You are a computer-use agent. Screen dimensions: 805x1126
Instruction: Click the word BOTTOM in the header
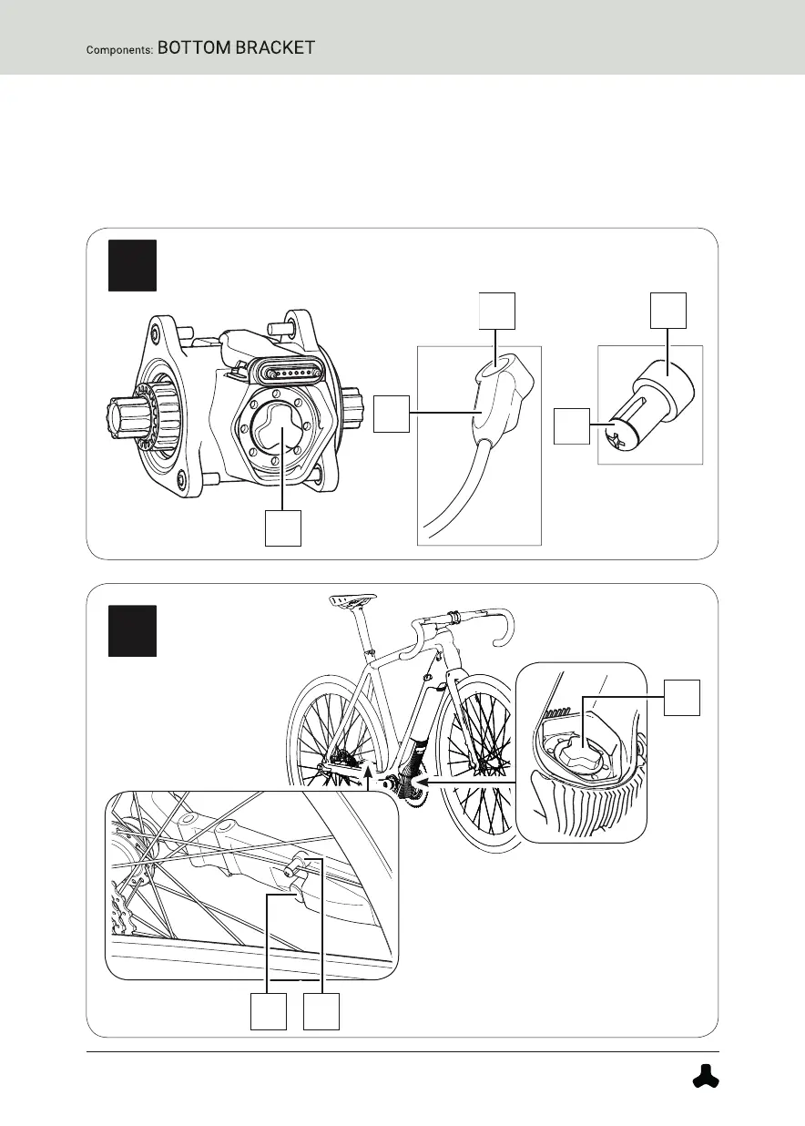click(x=194, y=48)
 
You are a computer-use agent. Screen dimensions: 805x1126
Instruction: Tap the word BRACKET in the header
click(x=275, y=48)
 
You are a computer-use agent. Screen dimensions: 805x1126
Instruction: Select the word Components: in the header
click(x=119, y=50)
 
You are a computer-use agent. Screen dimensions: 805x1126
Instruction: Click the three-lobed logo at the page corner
click(x=703, y=1076)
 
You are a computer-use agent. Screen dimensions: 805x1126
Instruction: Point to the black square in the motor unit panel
click(x=132, y=266)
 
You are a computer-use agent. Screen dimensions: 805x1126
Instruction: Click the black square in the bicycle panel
click(x=132, y=630)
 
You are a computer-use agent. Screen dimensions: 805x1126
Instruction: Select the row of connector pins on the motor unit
click(x=290, y=374)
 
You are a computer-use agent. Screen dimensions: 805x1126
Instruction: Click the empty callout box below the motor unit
click(x=282, y=528)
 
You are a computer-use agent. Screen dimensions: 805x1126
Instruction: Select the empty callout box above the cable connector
click(x=496, y=311)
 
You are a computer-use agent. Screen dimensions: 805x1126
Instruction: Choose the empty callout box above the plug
click(x=667, y=311)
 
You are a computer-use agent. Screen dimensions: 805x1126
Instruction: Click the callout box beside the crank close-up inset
click(x=681, y=697)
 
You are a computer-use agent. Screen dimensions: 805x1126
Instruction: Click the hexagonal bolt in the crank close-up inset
click(x=579, y=752)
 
